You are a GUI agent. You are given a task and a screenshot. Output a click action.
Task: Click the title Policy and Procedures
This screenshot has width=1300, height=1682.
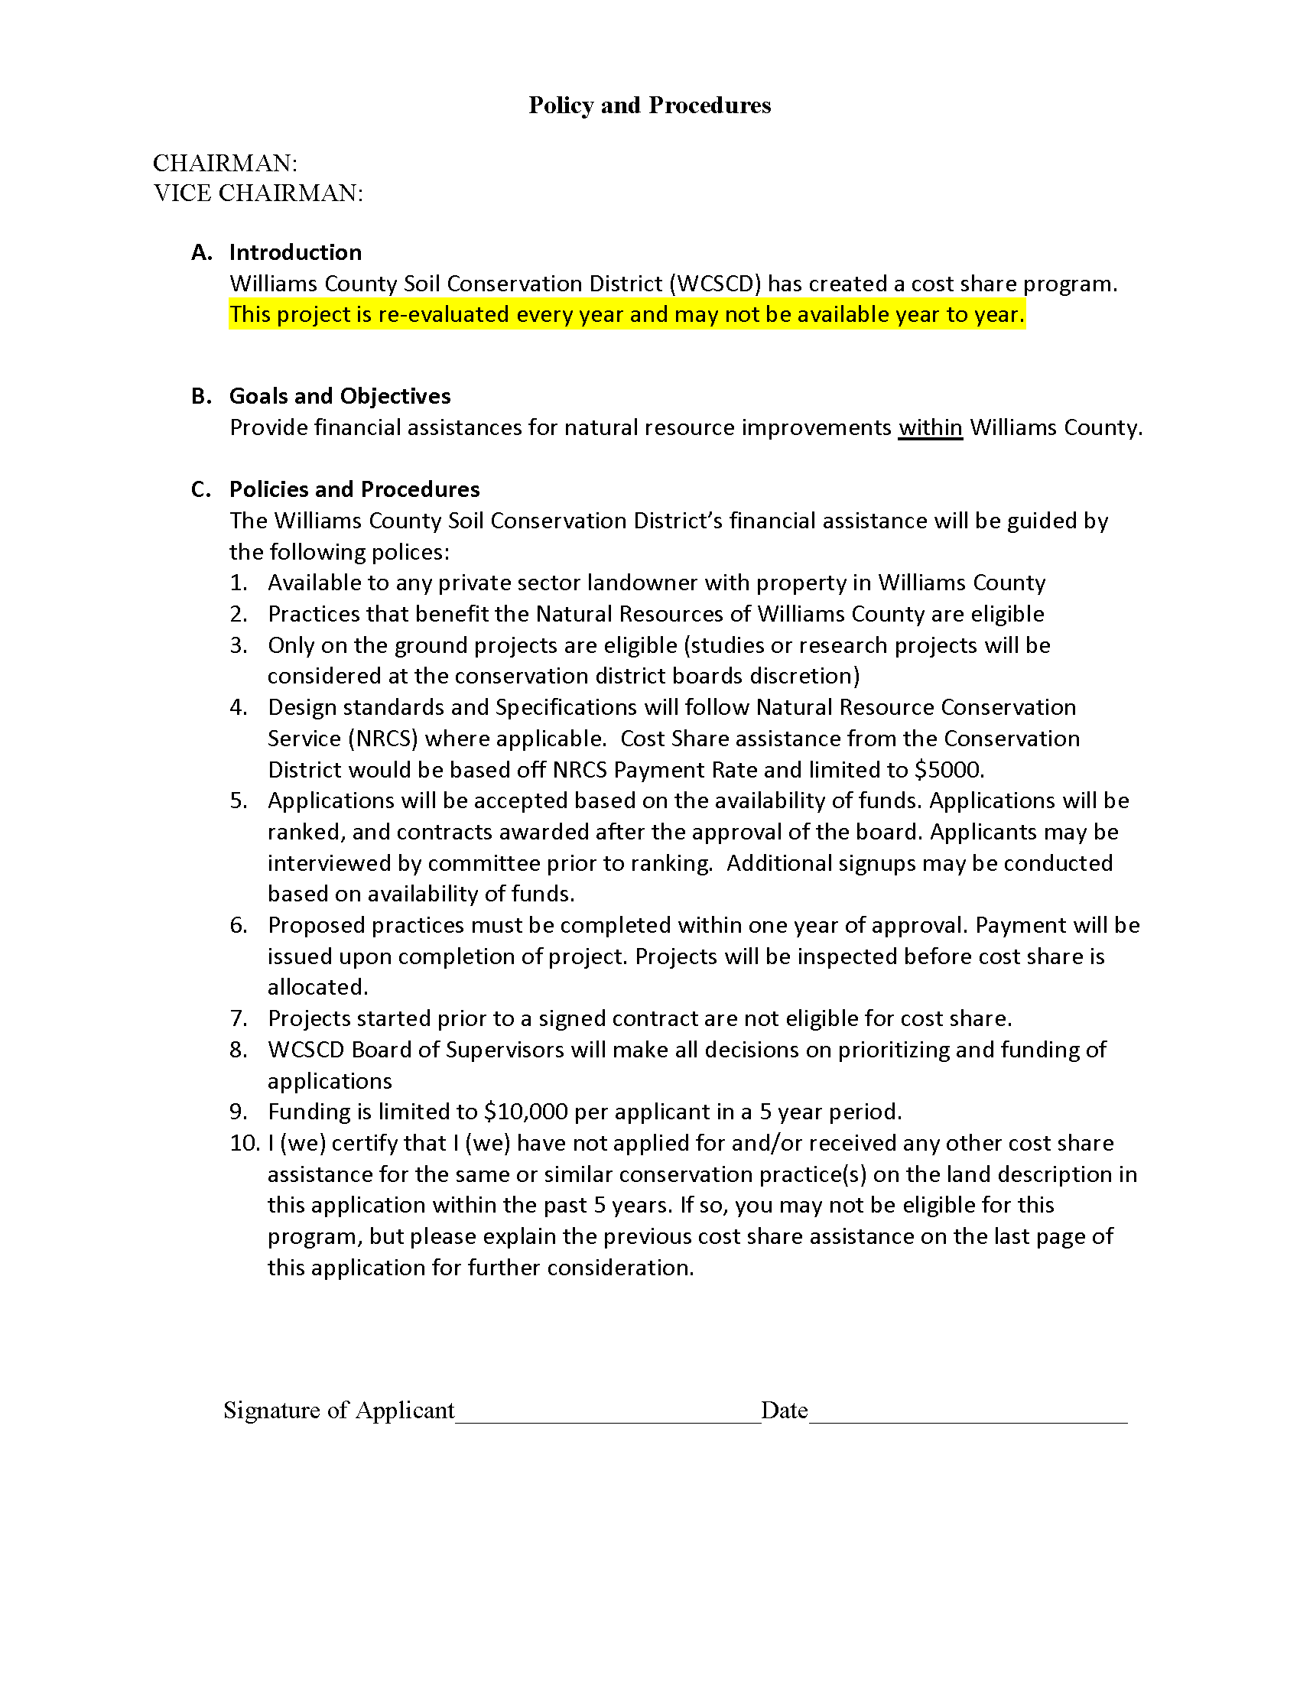tap(649, 106)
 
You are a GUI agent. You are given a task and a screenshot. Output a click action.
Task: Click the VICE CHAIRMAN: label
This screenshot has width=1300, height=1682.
tap(258, 193)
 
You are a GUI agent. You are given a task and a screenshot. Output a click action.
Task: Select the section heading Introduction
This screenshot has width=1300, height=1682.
tap(295, 252)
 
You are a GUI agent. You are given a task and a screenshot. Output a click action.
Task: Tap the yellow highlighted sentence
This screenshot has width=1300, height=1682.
tap(627, 315)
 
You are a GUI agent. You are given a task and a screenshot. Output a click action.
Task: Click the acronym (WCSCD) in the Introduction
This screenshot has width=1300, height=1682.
tap(715, 284)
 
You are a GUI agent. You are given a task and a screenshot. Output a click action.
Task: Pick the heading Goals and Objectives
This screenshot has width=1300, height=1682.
tap(340, 396)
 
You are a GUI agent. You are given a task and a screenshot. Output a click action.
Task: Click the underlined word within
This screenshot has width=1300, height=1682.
tap(931, 427)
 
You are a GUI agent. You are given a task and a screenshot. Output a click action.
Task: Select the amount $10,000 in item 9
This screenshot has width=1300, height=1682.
tap(526, 1112)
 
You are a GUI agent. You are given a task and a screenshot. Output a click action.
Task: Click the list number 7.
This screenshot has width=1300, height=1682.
tap(238, 1019)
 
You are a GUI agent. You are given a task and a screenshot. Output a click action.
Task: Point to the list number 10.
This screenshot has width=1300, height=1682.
tap(245, 1143)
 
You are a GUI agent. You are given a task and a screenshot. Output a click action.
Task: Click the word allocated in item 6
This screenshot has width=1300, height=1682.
tap(317, 987)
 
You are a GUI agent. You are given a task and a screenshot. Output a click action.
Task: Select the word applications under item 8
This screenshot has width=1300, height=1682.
tap(330, 1081)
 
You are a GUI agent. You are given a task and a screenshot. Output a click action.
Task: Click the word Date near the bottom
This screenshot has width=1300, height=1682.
tap(784, 1410)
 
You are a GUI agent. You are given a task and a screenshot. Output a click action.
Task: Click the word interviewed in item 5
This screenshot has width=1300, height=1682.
tap(327, 863)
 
